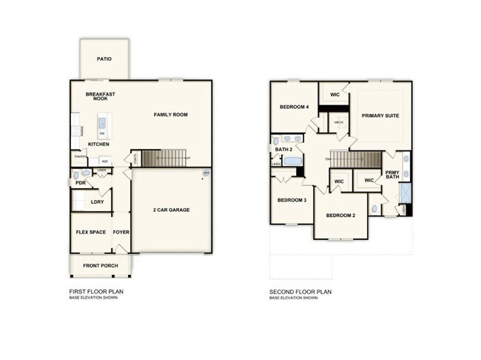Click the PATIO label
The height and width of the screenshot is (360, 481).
[x=104, y=59]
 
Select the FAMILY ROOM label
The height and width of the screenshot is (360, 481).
[x=170, y=115]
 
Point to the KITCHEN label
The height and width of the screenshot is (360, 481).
[x=98, y=144]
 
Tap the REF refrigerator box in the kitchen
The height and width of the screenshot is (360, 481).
[x=104, y=161]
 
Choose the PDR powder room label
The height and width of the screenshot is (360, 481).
[x=80, y=182]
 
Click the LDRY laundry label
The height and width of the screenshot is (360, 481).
[x=96, y=201]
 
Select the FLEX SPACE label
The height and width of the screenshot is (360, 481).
[x=90, y=232]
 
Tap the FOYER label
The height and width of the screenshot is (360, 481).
[x=121, y=232]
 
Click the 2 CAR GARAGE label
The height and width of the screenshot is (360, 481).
[x=171, y=210]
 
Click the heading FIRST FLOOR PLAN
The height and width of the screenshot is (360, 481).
[x=96, y=292]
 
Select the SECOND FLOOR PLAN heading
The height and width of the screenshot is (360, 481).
[x=301, y=292]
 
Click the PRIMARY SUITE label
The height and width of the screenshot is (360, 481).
[x=380, y=116]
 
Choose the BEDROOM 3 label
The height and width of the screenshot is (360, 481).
[x=292, y=200]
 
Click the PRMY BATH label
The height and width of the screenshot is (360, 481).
[x=393, y=175]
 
